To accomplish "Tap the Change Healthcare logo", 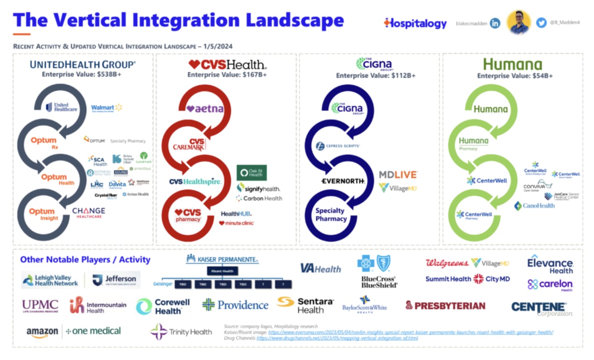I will coord(89,212).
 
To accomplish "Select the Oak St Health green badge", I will coord(252,172).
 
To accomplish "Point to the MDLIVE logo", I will coord(398,175).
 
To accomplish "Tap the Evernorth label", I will coord(343,181).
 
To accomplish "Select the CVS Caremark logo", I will coord(189,144).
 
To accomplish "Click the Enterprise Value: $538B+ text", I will coord(82,74).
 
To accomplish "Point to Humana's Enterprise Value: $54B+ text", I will coord(515,76).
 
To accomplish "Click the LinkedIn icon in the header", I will coord(495,23).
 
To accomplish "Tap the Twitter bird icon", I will coord(541,23).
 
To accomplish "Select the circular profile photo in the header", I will coord(519,22).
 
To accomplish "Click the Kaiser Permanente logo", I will coord(222,259).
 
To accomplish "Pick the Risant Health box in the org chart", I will coord(222,271).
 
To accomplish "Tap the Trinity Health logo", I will coord(182,332).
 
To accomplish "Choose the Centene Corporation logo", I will coord(541,308).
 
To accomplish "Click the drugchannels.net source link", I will coord(337,338).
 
